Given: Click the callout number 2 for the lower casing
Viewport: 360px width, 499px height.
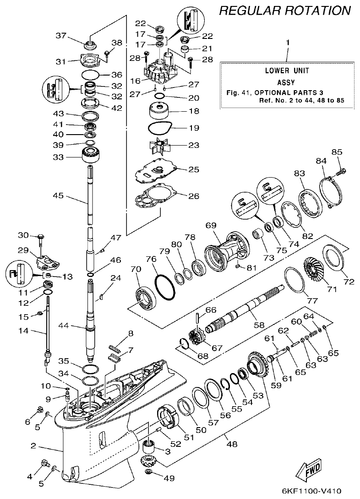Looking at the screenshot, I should click(33, 445).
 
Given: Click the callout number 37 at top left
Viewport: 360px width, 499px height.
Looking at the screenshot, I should click(61, 36).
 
